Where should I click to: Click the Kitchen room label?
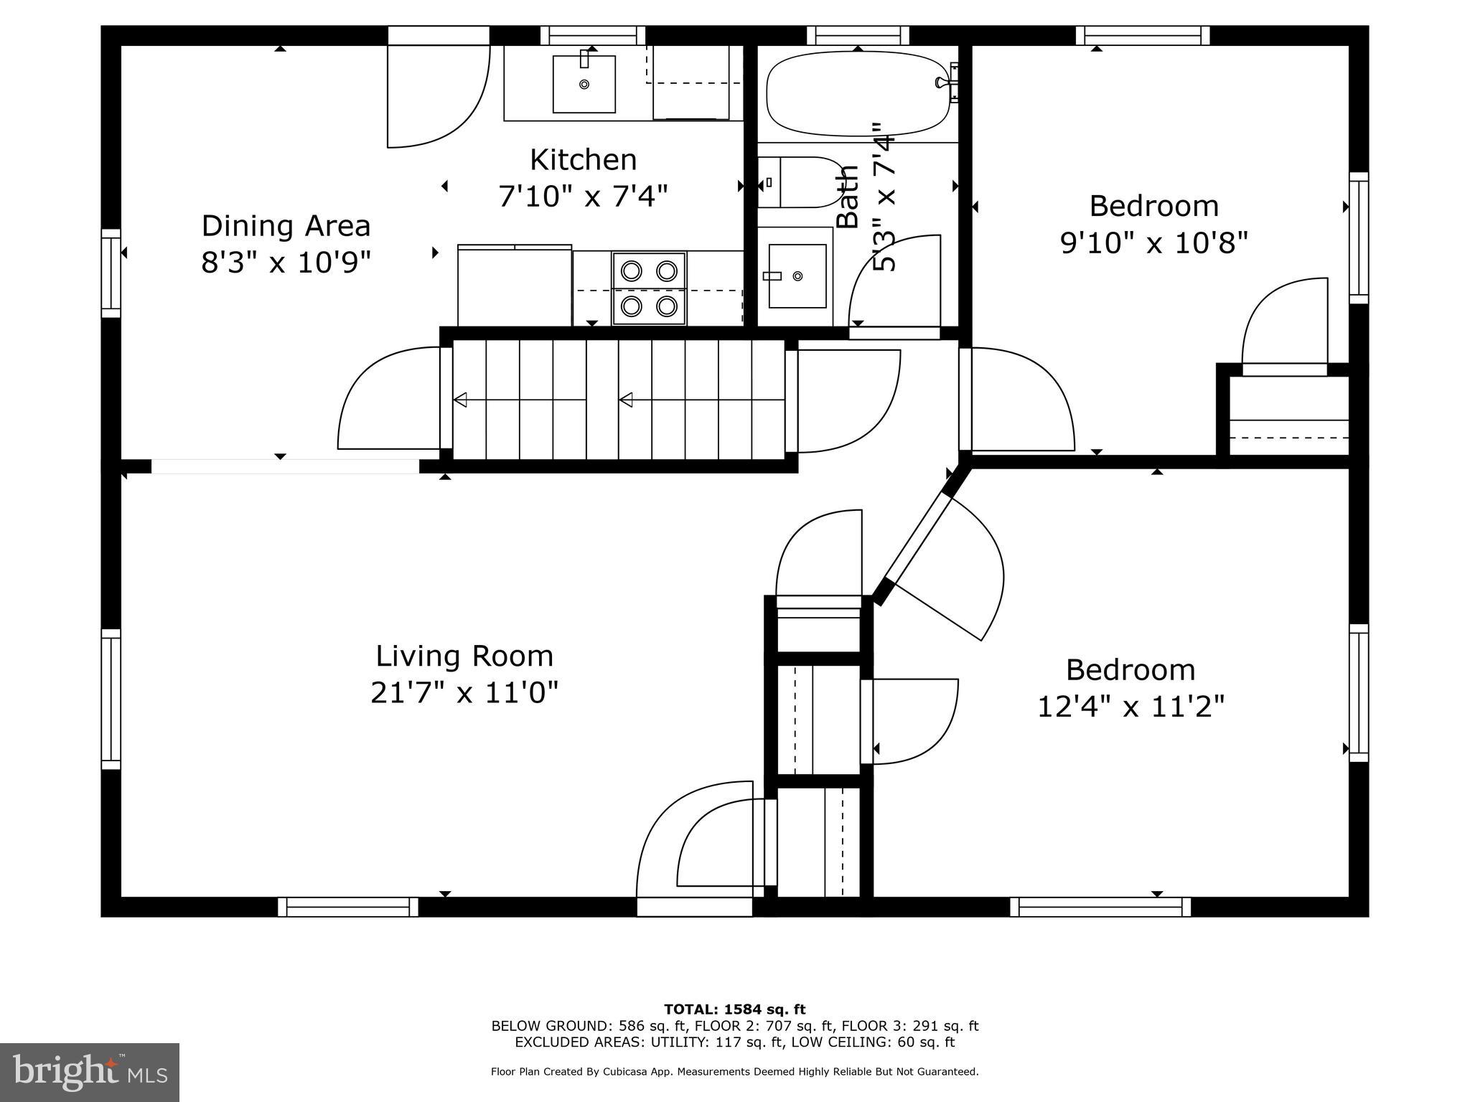(x=583, y=160)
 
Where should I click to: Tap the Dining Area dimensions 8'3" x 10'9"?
(x=286, y=263)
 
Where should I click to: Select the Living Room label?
(x=464, y=656)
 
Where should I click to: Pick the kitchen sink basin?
(x=584, y=84)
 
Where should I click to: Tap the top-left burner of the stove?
(x=631, y=270)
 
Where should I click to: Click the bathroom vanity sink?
(x=797, y=275)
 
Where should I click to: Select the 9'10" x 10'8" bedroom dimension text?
(x=1154, y=243)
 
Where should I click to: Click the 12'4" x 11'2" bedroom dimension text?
(x=1130, y=707)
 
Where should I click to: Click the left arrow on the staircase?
(x=460, y=400)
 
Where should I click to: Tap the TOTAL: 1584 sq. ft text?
(x=734, y=1009)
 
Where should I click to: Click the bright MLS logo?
(x=90, y=1073)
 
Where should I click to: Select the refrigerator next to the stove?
(x=515, y=285)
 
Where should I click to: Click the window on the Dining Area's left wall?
(x=111, y=273)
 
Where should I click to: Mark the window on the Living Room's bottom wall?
(x=348, y=907)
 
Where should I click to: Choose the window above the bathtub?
(x=858, y=35)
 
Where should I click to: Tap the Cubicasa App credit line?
(x=734, y=1072)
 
